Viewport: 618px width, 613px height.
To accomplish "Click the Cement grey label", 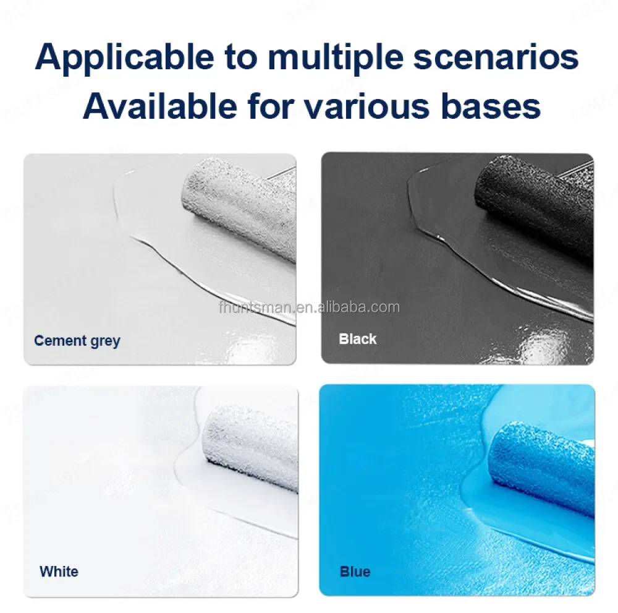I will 77,340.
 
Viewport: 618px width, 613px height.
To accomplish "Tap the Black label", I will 357,339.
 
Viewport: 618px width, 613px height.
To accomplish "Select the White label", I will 59,571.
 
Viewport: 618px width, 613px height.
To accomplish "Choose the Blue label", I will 355,571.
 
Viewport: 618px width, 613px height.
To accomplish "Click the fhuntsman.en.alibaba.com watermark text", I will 308,307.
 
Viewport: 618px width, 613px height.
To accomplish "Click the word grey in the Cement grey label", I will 104,341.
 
